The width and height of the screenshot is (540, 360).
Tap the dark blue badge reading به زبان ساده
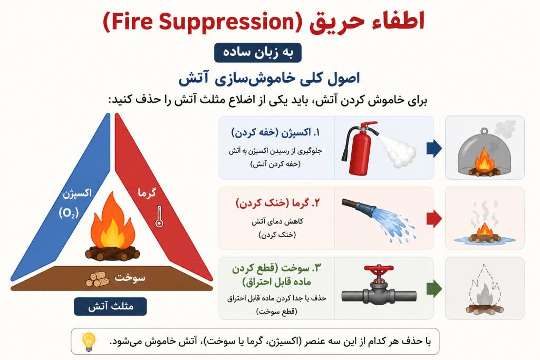(x=257, y=53)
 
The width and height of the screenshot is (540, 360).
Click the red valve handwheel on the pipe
(x=379, y=269)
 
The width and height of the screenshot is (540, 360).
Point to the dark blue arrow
(x=434, y=148)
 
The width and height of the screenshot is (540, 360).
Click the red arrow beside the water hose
(x=434, y=219)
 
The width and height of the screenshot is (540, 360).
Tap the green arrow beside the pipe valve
(x=434, y=288)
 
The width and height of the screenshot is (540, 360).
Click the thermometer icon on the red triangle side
(x=159, y=217)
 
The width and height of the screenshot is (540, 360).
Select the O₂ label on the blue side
(x=69, y=213)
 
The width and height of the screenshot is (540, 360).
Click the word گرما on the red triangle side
(x=147, y=193)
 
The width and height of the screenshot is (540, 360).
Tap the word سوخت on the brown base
(x=130, y=277)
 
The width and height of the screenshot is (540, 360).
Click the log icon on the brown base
(x=97, y=279)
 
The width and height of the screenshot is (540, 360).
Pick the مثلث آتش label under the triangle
(x=110, y=306)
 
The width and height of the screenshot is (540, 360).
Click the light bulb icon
(x=89, y=342)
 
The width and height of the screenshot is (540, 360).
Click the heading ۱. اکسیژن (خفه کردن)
(x=275, y=133)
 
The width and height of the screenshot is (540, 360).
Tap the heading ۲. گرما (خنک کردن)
(x=277, y=203)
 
